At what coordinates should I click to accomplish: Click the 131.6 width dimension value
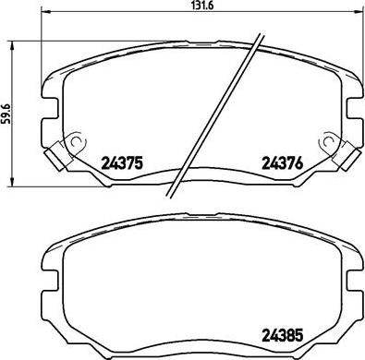(x=189, y=8)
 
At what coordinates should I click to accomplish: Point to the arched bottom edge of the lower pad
(x=200, y=341)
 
